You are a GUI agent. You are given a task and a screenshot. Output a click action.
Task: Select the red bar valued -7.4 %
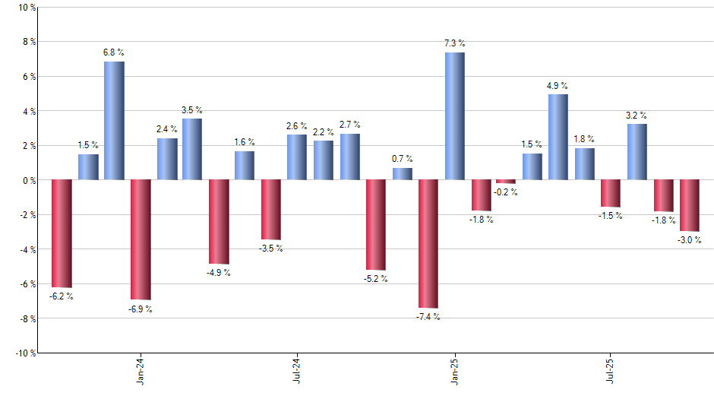point(428,243)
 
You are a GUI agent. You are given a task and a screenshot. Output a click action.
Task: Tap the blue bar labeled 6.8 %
point(114,121)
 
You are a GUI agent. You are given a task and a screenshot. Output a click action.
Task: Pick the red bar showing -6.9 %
point(141,239)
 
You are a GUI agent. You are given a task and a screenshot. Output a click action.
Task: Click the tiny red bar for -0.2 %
point(507,182)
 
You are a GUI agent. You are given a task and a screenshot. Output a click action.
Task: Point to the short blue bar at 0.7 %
point(403,174)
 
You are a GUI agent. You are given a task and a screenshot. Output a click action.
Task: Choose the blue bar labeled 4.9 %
point(558,137)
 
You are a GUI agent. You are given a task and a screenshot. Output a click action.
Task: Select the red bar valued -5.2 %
point(376,225)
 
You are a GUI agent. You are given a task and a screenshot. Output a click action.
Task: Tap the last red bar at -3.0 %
point(690,205)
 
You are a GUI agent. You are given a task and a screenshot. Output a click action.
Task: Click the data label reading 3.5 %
point(192,110)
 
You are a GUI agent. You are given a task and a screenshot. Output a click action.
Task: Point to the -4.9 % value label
point(219,273)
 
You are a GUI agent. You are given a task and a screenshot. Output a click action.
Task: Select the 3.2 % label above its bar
point(637,116)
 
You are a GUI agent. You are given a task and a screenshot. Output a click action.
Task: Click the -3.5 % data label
point(271,249)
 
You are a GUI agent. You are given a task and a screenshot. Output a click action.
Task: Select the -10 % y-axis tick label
point(24,353)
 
